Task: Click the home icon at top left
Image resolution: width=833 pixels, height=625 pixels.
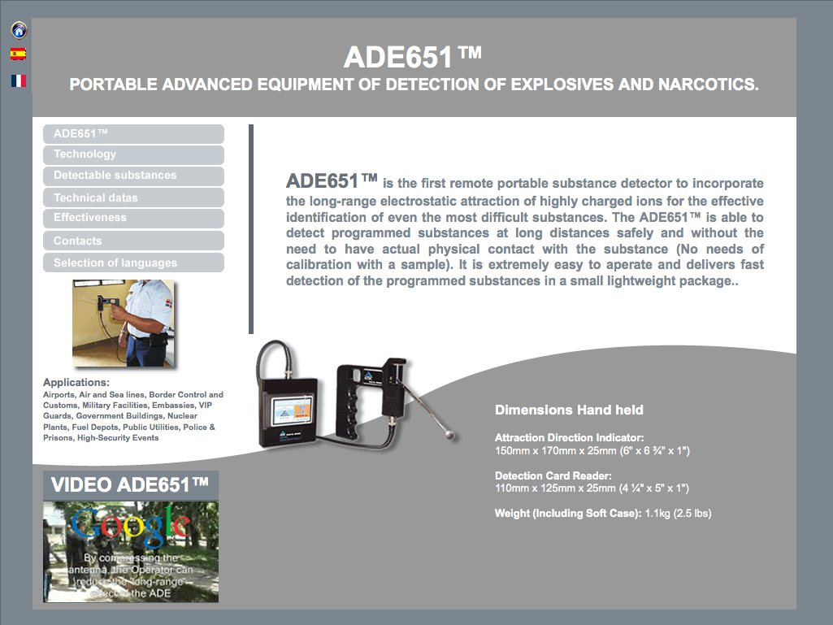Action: (x=19, y=30)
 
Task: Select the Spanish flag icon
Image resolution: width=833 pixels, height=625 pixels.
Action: (x=18, y=54)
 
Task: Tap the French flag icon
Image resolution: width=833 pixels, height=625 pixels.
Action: (x=18, y=80)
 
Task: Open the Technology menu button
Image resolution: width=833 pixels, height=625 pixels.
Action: (x=133, y=154)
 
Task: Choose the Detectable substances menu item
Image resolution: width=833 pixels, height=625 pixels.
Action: (x=133, y=176)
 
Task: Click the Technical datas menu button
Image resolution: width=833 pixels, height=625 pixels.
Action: (x=133, y=197)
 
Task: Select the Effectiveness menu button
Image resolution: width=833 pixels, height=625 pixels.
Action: (x=133, y=218)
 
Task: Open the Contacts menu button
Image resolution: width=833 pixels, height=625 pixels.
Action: (x=133, y=241)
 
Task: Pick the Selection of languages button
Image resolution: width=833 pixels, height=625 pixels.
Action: (x=133, y=263)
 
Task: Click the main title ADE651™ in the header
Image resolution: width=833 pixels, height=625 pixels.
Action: (x=413, y=58)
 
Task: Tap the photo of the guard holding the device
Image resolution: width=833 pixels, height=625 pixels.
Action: (x=123, y=323)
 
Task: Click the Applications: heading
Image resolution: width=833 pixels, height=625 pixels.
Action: (x=76, y=383)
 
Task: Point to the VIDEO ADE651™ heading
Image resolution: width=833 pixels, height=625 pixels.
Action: (x=130, y=485)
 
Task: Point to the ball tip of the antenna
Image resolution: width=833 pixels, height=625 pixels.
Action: (x=450, y=435)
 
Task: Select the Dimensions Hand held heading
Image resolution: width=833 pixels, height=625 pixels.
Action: (x=569, y=410)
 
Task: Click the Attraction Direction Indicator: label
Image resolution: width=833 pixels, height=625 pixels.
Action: (x=569, y=438)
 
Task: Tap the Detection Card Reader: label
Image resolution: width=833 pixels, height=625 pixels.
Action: (x=553, y=475)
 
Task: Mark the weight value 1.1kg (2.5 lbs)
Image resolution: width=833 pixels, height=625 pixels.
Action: (x=678, y=514)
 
